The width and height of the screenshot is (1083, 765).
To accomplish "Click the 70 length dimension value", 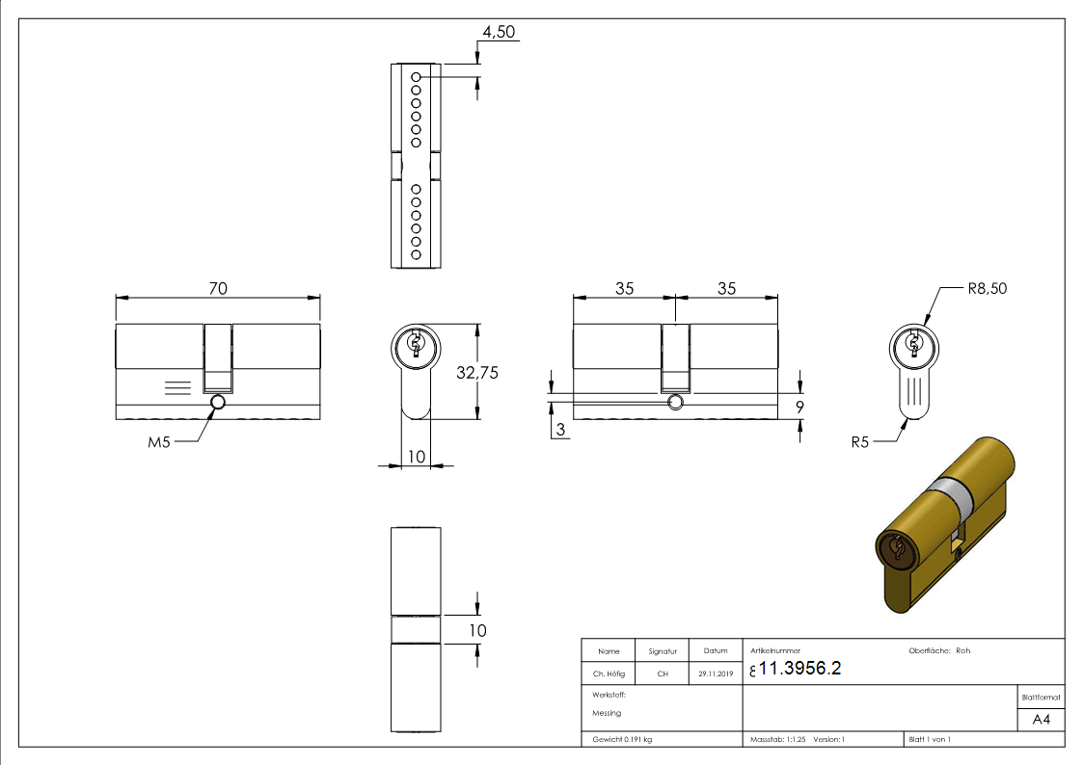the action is [218, 288].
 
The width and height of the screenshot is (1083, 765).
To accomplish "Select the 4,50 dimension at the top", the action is [499, 32].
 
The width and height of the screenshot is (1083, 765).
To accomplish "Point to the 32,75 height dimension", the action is [477, 373].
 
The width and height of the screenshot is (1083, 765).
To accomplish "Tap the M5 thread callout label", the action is [159, 442].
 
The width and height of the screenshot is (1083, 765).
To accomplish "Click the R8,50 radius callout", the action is [987, 288].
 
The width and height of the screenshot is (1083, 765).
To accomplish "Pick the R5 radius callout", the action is [860, 442].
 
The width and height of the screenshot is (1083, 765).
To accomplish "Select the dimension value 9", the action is [799, 407].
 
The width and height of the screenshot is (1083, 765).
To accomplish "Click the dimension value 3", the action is [561, 429].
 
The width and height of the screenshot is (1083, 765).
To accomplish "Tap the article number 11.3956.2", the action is [799, 668].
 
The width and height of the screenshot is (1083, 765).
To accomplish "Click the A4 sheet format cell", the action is [1041, 720].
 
